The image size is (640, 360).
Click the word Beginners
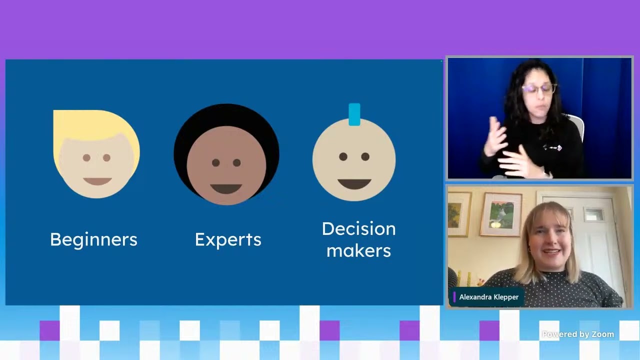93,239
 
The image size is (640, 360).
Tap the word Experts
228,239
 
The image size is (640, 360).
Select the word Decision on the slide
359,229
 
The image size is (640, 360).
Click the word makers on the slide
358,251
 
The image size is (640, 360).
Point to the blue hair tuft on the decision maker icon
354,114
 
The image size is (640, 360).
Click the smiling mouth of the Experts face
226,189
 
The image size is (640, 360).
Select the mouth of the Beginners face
97,181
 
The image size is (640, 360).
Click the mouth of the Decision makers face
354,184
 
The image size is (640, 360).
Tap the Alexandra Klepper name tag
488,297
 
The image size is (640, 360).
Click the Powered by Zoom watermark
578,334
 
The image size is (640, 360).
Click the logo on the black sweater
552,147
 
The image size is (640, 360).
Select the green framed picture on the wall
501,215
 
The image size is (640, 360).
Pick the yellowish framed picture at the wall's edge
459,214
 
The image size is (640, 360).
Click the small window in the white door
593,214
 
